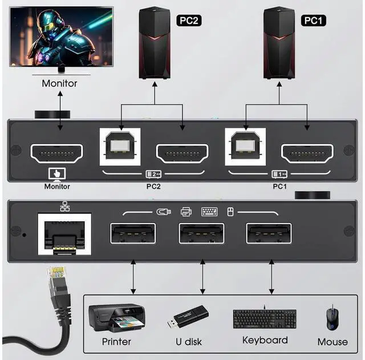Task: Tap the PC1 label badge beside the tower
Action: (x=313, y=21)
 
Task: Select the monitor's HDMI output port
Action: (x=56, y=153)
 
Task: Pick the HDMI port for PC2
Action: (x=182, y=153)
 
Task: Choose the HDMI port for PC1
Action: (x=307, y=153)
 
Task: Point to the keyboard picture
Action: (x=264, y=318)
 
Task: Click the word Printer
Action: (x=116, y=342)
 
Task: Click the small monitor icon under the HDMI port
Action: (x=58, y=173)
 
